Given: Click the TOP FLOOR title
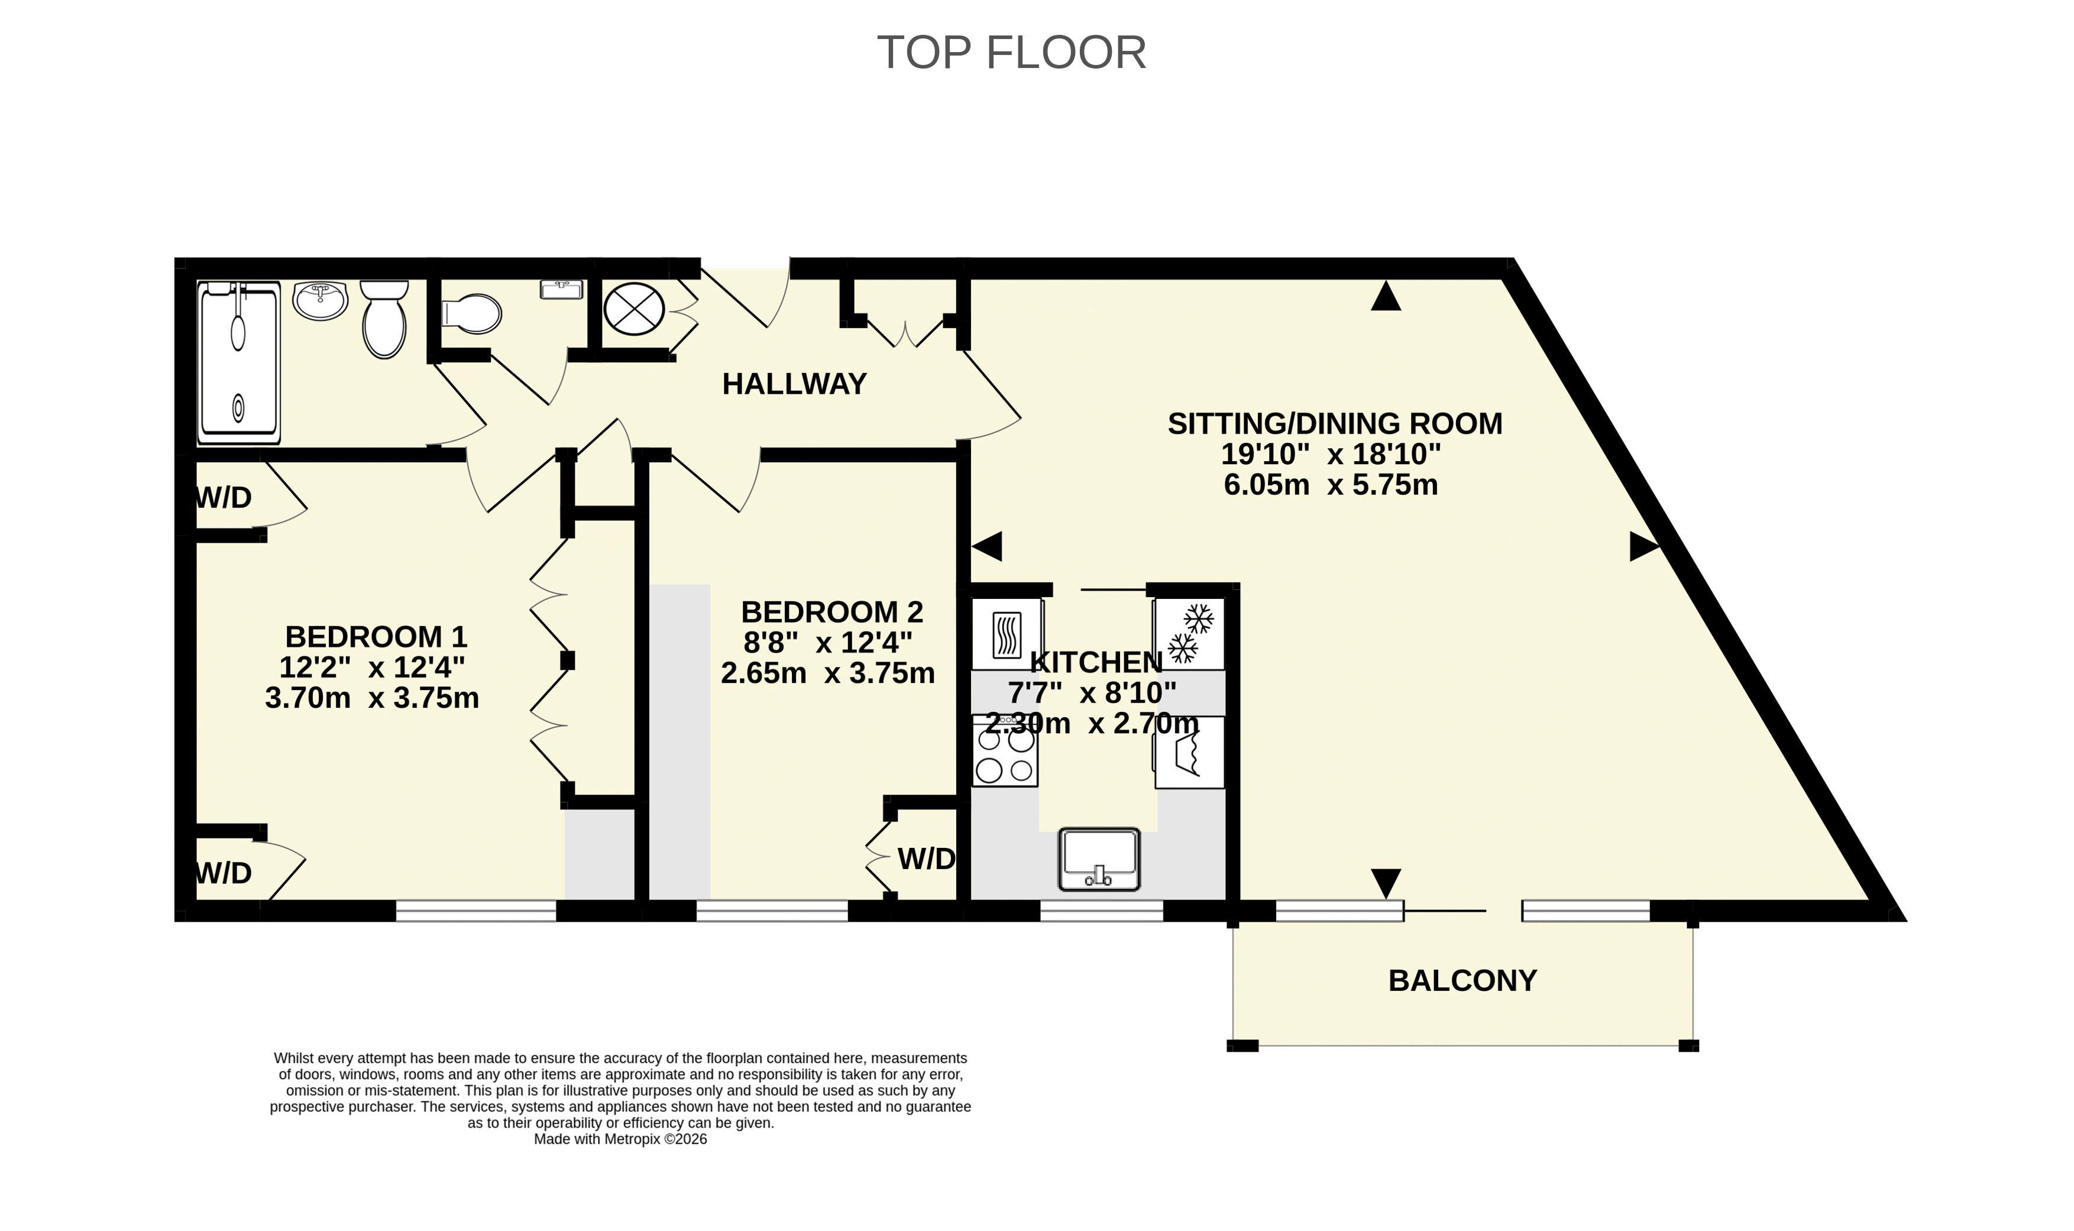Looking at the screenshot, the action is click(x=1011, y=52).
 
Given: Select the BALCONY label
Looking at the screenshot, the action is click(x=1463, y=980).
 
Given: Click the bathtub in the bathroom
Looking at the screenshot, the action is click(x=239, y=362).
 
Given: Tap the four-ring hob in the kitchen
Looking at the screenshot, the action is click(x=1005, y=751).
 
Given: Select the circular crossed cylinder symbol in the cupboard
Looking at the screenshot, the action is click(x=635, y=309).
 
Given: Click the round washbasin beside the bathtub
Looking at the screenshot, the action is click(x=320, y=300).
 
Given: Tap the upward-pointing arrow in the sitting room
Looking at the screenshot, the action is click(x=1386, y=296).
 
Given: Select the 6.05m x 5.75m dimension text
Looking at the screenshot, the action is click(x=1331, y=484).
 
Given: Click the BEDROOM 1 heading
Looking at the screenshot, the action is click(x=376, y=636).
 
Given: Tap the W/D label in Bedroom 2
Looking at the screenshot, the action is click(x=926, y=859).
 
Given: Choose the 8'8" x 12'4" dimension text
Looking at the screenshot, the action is click(x=827, y=642).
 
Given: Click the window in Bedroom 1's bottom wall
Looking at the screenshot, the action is click(x=475, y=911).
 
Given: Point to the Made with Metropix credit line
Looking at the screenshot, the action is click(x=620, y=1139).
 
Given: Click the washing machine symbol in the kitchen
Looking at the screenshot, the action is click(x=1189, y=752).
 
